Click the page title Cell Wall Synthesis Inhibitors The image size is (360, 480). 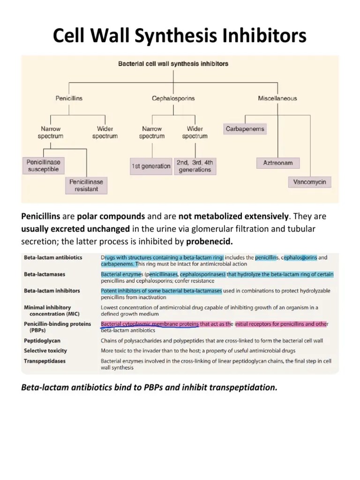[x=180, y=36]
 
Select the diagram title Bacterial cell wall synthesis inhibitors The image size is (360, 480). [x=173, y=64]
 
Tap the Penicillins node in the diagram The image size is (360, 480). [x=69, y=98]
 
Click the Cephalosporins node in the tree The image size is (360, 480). [x=173, y=98]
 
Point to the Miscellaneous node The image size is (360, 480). [x=277, y=98]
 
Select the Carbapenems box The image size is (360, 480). [x=245, y=129]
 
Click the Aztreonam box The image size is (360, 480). [x=278, y=163]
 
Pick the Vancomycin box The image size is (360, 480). [x=309, y=181]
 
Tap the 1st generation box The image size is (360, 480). [x=150, y=166]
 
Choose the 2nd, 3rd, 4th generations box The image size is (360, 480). [x=195, y=166]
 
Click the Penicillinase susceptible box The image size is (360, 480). [x=43, y=166]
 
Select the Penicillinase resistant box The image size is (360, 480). [x=86, y=185]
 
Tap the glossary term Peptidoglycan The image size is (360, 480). [x=42, y=341]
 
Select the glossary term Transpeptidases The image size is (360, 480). [x=45, y=361]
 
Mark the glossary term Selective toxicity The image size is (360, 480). [x=45, y=351]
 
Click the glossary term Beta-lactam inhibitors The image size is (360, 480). [x=52, y=291]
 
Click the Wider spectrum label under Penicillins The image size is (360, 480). [x=105, y=132]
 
